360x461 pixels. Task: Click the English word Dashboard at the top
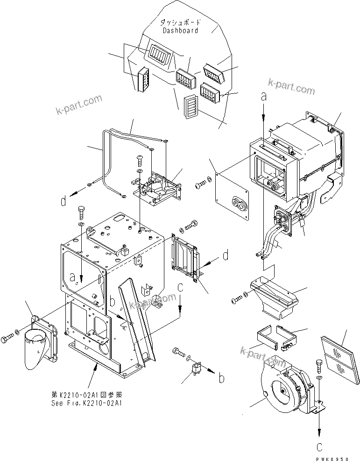pos(180,30)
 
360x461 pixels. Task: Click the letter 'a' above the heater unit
pos(264,97)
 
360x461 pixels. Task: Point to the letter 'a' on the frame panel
pos(72,278)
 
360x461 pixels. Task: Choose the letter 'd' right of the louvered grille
pos(226,255)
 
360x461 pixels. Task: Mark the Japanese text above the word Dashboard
pos(180,22)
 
